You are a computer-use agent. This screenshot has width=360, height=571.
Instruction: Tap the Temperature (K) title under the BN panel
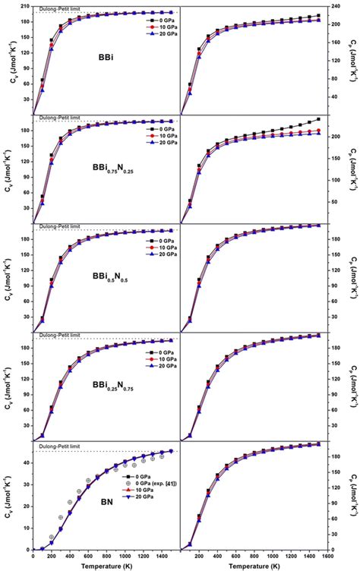point(106,566)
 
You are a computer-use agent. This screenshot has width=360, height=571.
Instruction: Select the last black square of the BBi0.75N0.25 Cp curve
point(318,119)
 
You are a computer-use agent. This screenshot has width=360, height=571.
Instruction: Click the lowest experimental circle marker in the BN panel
point(52,537)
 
